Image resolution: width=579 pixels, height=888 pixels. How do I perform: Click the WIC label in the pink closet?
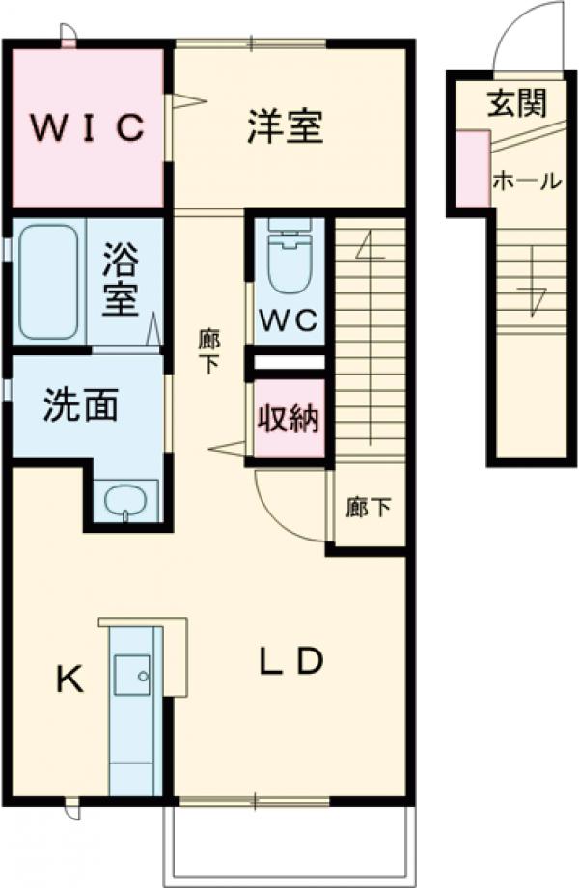pos(86,125)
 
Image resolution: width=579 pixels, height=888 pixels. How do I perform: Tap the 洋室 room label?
pos(284,125)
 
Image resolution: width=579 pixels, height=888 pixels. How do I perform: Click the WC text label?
pos(287,321)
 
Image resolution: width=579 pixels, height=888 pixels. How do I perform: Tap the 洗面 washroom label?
pos(80,406)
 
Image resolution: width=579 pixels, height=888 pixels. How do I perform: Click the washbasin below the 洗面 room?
pos(124,501)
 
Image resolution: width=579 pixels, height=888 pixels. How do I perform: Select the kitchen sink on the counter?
pos(131,674)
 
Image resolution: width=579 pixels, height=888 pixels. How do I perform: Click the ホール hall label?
pos(527,180)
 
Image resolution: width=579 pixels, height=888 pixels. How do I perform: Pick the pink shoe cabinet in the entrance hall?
pos(472,169)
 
